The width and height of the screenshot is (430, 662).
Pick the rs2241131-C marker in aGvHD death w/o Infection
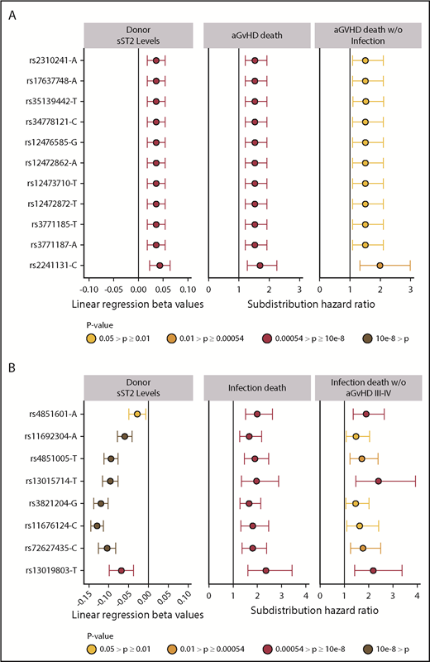click(x=380, y=266)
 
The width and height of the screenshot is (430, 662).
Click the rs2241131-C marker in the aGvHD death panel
click(x=260, y=266)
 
